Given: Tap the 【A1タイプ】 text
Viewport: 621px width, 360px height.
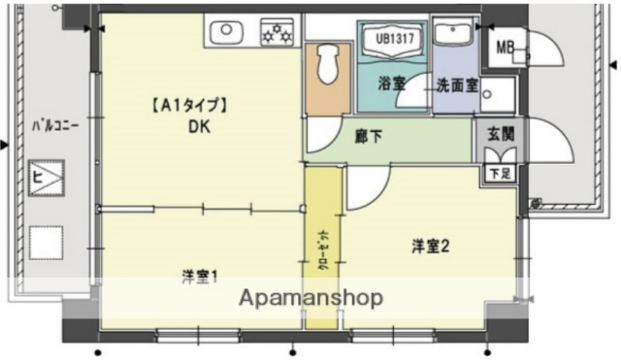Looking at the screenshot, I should click(x=188, y=105).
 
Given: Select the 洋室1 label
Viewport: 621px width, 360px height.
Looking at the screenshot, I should click(x=200, y=276).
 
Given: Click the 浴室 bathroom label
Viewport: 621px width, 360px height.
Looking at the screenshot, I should click(x=390, y=84).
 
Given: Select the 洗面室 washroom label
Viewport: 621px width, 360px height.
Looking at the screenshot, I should click(x=456, y=84).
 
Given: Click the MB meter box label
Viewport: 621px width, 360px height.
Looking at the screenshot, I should click(x=506, y=47).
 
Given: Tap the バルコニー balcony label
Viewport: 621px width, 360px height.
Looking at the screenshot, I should click(x=55, y=124).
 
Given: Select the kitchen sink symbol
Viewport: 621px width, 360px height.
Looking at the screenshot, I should click(x=226, y=33).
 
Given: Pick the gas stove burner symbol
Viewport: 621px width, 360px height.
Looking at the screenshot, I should click(x=278, y=33).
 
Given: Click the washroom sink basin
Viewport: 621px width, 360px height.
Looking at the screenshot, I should click(x=451, y=34).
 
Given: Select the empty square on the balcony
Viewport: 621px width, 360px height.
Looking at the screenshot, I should click(x=45, y=243).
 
